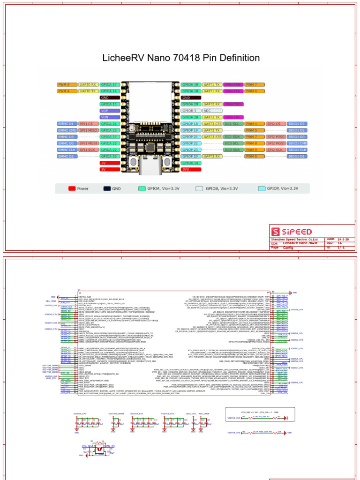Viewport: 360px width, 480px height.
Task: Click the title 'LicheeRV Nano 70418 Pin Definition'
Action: click(180, 58)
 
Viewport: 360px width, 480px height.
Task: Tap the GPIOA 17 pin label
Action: click(109, 84)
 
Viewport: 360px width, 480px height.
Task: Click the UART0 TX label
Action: click(88, 91)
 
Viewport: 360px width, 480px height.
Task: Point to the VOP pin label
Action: click(109, 111)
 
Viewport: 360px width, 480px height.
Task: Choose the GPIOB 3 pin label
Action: click(190, 111)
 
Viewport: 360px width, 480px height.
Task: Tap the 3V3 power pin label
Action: click(190, 169)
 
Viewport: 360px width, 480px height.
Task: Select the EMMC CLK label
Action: click(67, 150)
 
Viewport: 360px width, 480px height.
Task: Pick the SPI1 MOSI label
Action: click(88, 143)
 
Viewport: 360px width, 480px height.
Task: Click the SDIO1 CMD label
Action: click(297, 143)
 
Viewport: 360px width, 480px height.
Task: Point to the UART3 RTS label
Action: click(212, 136)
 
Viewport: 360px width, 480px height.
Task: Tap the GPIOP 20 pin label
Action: click(190, 156)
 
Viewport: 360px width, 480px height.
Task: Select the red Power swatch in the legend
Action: click(72, 188)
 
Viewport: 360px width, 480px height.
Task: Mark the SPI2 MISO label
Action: click(276, 136)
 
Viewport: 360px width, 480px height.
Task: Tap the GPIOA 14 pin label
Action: click(190, 163)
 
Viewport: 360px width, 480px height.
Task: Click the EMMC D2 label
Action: click(67, 156)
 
